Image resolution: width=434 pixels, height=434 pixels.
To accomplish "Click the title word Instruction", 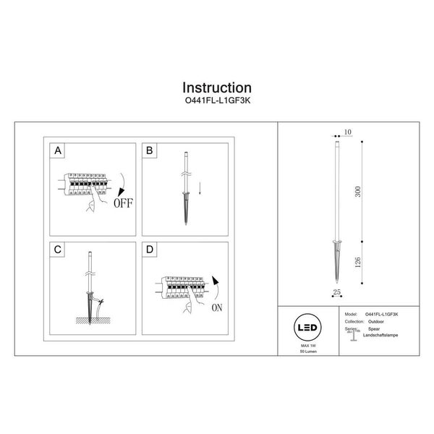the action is point(216,88).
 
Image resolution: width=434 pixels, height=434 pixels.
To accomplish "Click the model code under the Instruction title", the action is point(216,103).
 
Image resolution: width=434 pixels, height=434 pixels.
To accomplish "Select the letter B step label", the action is point(150,151).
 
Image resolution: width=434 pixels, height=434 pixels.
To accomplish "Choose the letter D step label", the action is point(150,250).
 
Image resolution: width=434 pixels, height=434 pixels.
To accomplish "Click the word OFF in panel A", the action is point(122,203).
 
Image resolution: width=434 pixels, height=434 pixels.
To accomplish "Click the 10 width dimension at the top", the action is point(347,132).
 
